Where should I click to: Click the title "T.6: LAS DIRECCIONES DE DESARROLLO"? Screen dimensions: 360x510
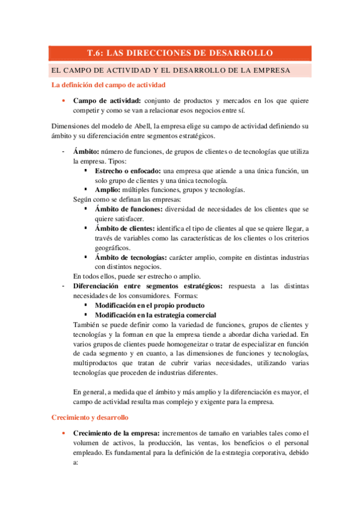[x=180, y=53]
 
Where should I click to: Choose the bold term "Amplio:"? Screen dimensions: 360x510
[x=108, y=189]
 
